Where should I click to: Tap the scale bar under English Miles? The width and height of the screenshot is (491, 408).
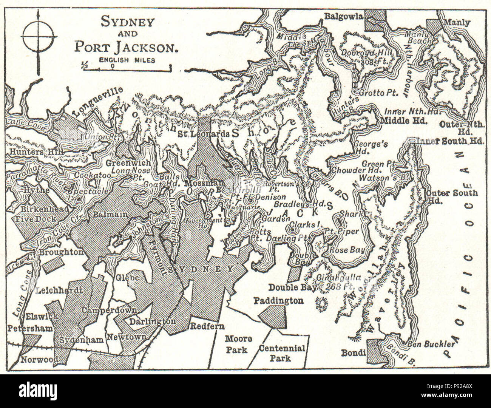point(127,69)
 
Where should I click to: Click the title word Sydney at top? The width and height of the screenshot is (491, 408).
point(127,22)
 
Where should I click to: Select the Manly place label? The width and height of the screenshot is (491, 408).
point(457,23)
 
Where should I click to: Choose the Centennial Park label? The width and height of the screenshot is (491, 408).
point(282,353)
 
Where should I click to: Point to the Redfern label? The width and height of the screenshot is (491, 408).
point(207,326)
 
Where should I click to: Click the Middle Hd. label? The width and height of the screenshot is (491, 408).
point(403,121)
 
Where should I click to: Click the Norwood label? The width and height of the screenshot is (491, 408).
point(39,359)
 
